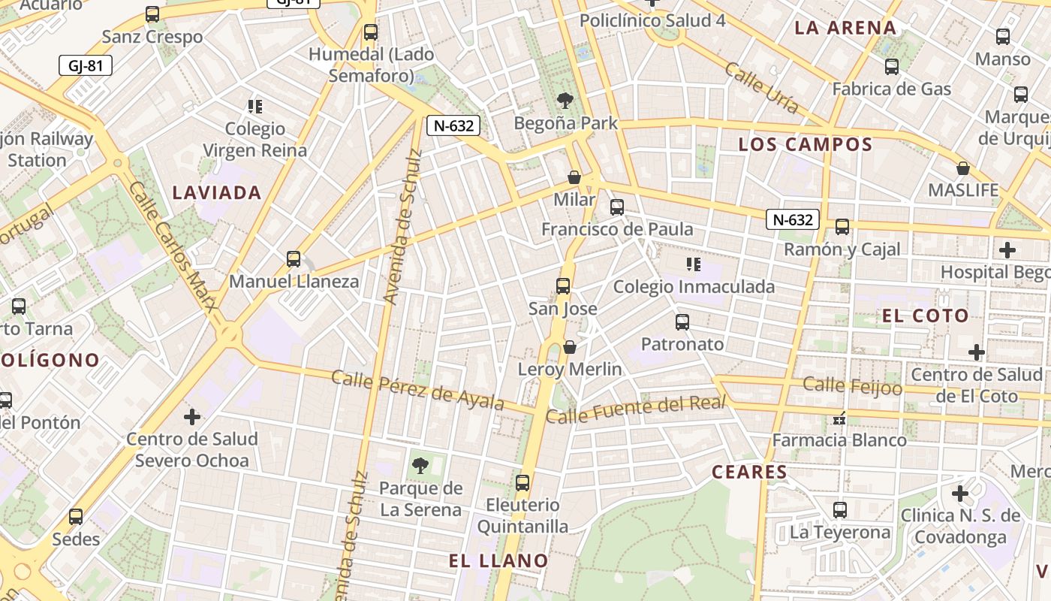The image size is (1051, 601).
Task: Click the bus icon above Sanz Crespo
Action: (152, 14)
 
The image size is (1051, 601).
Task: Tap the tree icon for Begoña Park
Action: (565, 100)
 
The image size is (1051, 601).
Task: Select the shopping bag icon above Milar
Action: (574, 177)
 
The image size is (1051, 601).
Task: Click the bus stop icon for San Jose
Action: (562, 285)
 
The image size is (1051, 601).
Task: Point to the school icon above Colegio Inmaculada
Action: (694, 264)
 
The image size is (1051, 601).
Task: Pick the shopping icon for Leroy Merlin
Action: (570, 346)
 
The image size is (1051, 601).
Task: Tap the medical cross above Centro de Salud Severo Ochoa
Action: (192, 415)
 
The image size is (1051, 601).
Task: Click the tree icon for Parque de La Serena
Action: (420, 465)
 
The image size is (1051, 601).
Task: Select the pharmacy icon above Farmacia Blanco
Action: (840, 418)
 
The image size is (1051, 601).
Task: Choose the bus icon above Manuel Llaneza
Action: (294, 258)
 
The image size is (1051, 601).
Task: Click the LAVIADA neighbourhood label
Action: (217, 193)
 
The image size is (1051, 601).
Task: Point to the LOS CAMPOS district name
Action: (806, 144)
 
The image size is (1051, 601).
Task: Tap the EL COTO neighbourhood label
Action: (926, 316)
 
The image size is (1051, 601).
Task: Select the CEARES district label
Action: (749, 472)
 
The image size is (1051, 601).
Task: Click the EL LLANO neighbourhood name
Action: (498, 560)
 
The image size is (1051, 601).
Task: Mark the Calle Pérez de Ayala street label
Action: (417, 390)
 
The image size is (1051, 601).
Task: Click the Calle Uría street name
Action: (761, 87)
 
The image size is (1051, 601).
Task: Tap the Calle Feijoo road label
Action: (852, 386)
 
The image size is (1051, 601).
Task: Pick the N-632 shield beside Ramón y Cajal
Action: (793, 219)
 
